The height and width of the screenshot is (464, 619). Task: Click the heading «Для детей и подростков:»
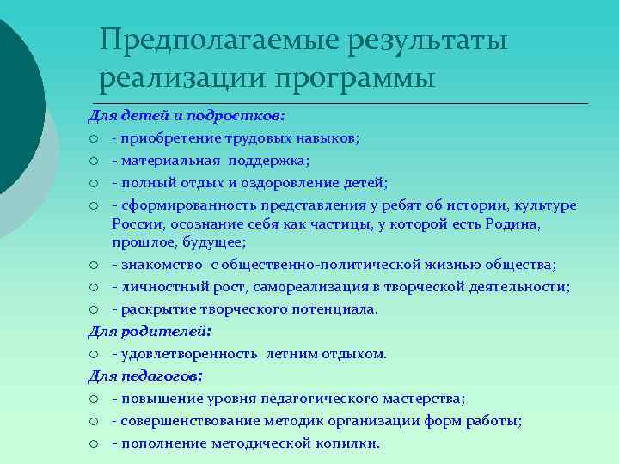click(x=187, y=114)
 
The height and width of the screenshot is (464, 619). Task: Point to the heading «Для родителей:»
click(x=150, y=331)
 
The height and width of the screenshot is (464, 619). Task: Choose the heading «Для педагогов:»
click(x=145, y=376)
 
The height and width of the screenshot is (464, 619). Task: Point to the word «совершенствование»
click(x=182, y=421)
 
